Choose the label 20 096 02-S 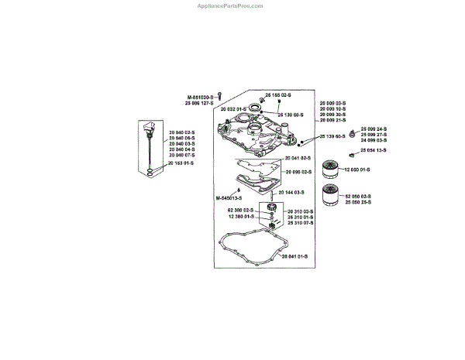click(x=298, y=171)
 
